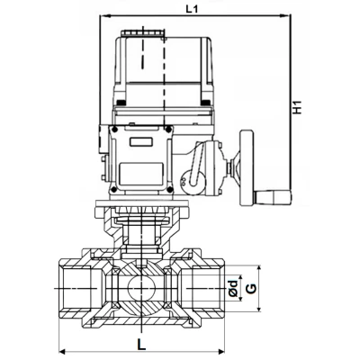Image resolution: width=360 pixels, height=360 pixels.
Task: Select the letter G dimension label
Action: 252,289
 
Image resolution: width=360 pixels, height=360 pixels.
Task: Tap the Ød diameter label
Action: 232,289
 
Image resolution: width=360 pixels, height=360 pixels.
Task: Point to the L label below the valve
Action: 141,343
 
